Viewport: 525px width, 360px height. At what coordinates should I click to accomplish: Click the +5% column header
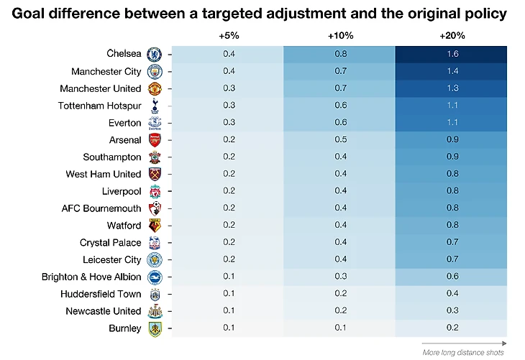[x=228, y=36]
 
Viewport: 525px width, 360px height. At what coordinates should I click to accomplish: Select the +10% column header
[x=339, y=36]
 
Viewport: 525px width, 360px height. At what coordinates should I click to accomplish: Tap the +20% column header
[x=452, y=36]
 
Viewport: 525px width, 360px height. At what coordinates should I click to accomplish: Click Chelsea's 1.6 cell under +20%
[x=452, y=54]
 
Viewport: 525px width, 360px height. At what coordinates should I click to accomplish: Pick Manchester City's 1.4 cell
[x=452, y=71]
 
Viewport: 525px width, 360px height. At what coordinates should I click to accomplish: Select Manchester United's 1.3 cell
[x=452, y=88]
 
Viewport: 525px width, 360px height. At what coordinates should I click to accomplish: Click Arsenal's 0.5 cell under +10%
[x=339, y=140]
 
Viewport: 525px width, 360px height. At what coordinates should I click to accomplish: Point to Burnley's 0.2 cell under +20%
[x=452, y=328]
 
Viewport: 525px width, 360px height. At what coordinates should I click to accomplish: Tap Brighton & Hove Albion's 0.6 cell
[x=452, y=277]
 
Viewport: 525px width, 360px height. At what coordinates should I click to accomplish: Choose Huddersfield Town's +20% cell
[x=452, y=294]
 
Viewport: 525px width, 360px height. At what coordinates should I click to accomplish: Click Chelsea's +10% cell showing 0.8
[x=339, y=54]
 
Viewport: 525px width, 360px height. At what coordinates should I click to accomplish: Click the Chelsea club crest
[x=154, y=54]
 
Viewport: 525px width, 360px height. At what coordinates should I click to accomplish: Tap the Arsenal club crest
[x=154, y=140]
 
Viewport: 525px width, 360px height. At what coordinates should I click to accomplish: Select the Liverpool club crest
[x=154, y=191]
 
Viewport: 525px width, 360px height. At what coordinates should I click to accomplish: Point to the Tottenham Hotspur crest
[x=154, y=106]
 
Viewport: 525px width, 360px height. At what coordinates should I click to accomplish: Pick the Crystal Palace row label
[x=110, y=243]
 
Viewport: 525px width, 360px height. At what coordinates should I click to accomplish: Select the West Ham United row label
[x=103, y=174]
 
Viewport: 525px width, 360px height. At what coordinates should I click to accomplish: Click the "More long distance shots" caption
[x=462, y=351]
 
